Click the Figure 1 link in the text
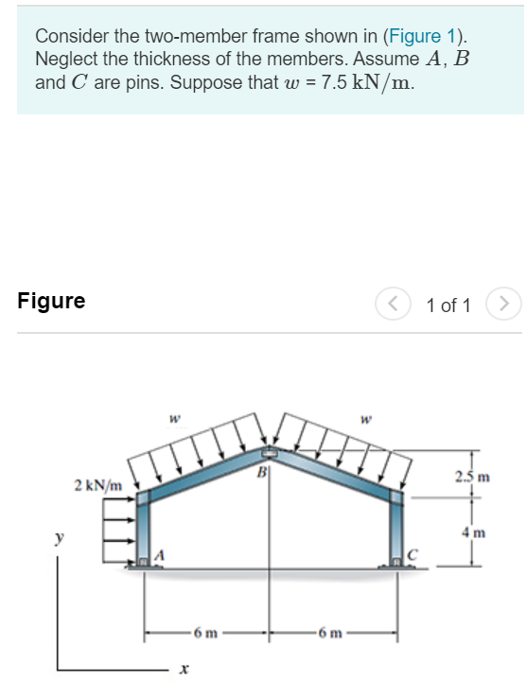tap(422, 37)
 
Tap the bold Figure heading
tap(51, 302)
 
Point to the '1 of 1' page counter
tap(448, 305)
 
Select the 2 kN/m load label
tap(98, 485)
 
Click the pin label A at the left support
tap(161, 554)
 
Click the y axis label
tap(57, 540)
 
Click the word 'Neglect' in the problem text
tap(67, 60)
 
